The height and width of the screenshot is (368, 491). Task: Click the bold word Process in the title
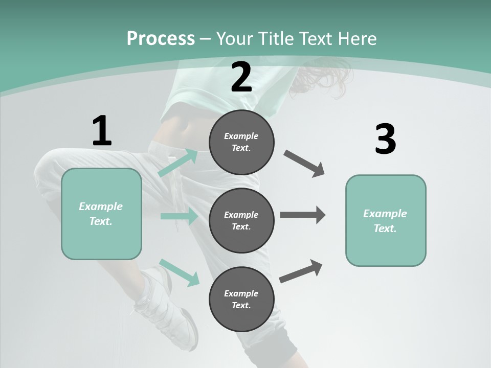[x=161, y=39]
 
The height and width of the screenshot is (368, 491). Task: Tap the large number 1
[x=102, y=131]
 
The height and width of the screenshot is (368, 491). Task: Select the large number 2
[x=241, y=77]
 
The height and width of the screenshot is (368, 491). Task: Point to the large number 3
[x=385, y=140]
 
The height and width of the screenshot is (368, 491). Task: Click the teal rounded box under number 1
[x=101, y=214]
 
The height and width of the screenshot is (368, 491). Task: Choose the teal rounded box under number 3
[x=386, y=221]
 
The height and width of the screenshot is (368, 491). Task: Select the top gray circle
[x=241, y=142]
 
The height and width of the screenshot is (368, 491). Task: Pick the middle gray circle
[x=241, y=220]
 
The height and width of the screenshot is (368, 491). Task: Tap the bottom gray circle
[x=241, y=299]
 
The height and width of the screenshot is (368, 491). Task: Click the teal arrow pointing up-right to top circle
[x=177, y=163]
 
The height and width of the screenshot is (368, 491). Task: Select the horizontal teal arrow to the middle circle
[x=179, y=216]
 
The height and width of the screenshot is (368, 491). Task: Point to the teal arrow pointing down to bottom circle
[x=179, y=272]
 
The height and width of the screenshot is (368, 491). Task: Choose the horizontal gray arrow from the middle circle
[x=303, y=215]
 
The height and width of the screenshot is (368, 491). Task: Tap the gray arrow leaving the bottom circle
[x=301, y=271]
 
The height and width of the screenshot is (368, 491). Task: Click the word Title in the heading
[x=277, y=39]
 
